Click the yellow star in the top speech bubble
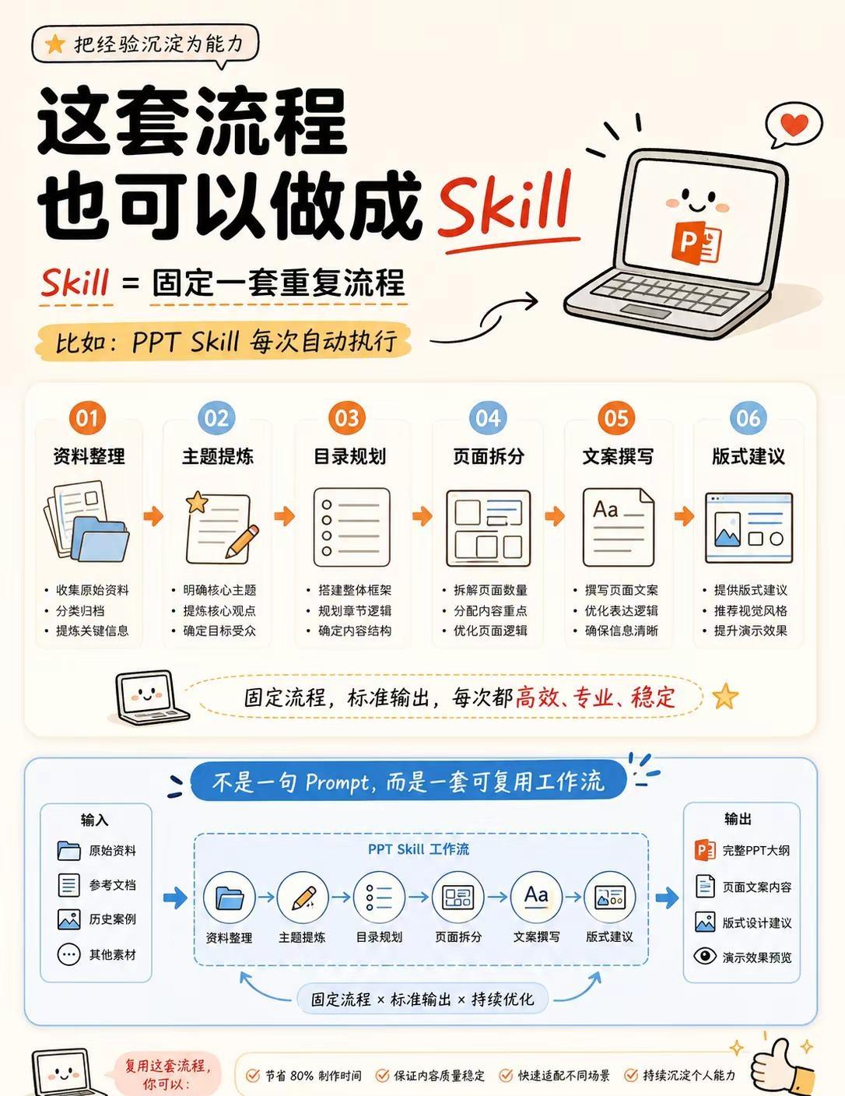(x=54, y=44)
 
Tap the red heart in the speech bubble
(x=794, y=124)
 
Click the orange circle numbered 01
(x=87, y=418)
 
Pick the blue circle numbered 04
(x=488, y=418)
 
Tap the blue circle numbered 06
(x=749, y=418)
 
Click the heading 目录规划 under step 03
(x=349, y=456)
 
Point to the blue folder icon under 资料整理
(x=100, y=539)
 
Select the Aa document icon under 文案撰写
(x=618, y=527)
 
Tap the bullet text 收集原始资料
(x=93, y=590)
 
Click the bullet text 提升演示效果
(x=750, y=631)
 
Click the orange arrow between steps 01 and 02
(x=153, y=516)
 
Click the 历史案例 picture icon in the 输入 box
(x=68, y=919)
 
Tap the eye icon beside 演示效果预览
(x=705, y=956)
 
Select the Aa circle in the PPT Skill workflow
(x=535, y=898)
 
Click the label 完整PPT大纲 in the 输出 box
(x=756, y=850)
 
